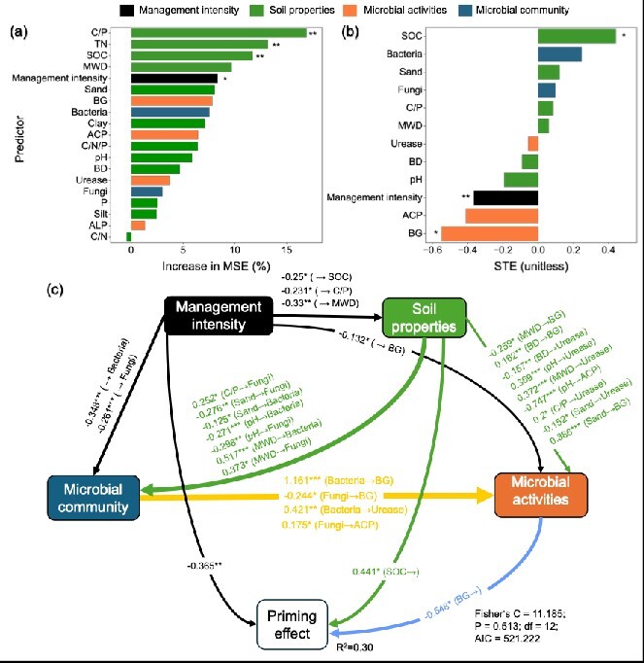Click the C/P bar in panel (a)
coord(218,32)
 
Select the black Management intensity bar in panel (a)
coord(174,78)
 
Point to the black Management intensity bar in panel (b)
coord(505,197)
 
